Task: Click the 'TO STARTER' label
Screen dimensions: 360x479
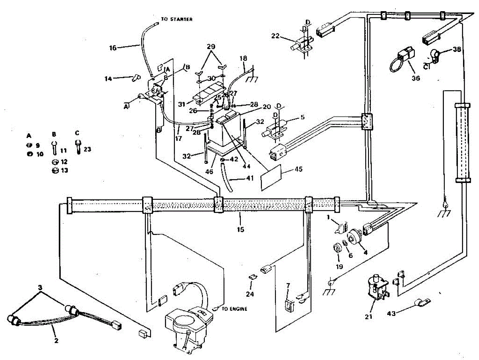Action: (x=177, y=19)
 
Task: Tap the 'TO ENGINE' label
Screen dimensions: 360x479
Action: (x=235, y=308)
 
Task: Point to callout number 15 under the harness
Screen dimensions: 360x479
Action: (x=240, y=229)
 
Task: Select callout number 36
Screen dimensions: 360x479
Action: (x=416, y=79)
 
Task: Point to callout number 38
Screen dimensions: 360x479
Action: (x=457, y=50)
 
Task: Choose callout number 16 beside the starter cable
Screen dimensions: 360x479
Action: (x=113, y=48)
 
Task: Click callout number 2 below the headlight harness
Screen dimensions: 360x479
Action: (x=56, y=341)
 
